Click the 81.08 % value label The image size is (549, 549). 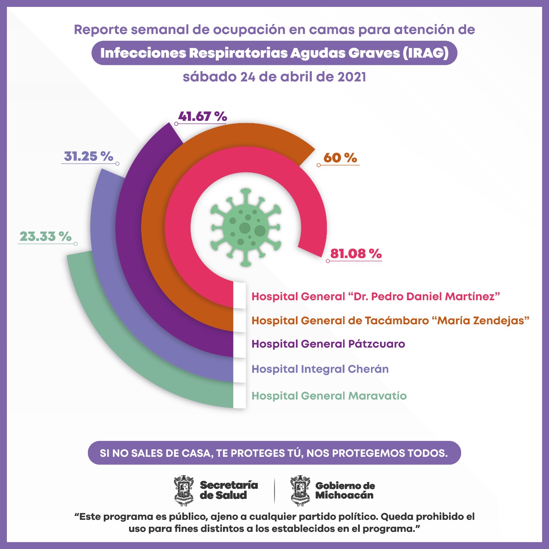coord(356,253)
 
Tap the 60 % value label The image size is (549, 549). coord(340,157)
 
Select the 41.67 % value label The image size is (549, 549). coord(202,116)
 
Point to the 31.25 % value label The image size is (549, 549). coord(88,156)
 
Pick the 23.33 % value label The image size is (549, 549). coord(45,236)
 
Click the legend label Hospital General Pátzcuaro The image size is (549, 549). coord(328,344)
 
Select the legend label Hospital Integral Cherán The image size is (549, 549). coord(320,369)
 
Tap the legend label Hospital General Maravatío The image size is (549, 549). coord(329,396)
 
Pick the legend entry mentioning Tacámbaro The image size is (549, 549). coord(390,320)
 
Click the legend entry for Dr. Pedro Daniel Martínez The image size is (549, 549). coord(376,296)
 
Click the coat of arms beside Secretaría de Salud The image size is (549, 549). coord(184,490)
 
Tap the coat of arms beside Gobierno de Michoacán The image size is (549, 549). coord(300,490)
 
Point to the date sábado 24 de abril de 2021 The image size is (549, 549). coord(274,77)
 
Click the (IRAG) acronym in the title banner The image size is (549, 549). coord(425,53)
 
